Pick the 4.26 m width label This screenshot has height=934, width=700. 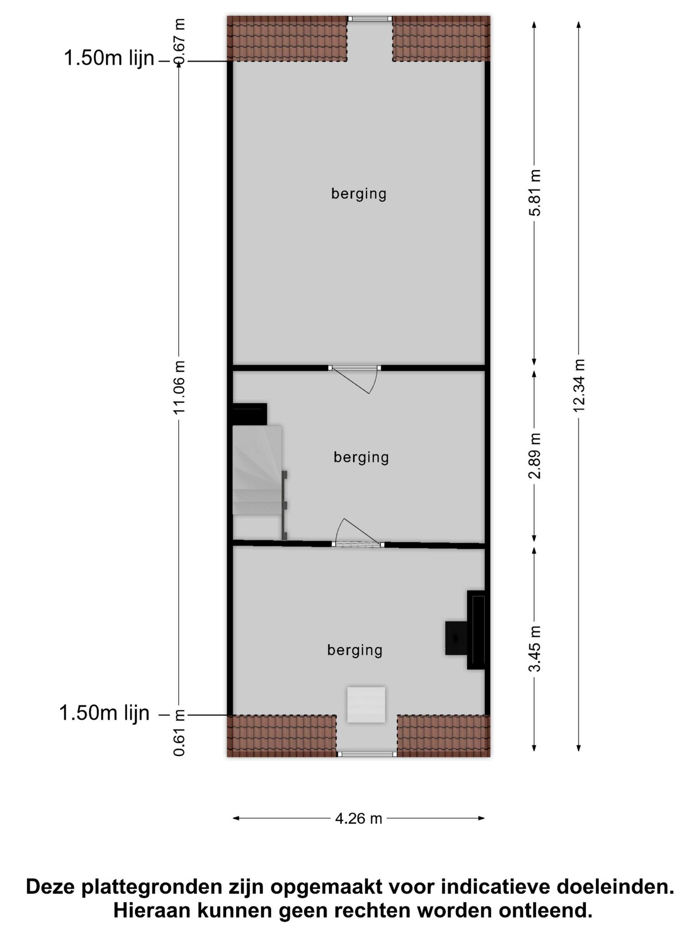pos(359,818)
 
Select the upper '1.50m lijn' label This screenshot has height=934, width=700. pos(109,58)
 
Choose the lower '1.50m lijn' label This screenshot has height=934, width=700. pos(104,713)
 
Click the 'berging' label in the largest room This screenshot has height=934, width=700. pos(359,194)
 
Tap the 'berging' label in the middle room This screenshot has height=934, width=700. pos(361,457)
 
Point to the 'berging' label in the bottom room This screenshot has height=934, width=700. pos(355,650)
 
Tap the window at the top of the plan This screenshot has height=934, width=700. pos(370,19)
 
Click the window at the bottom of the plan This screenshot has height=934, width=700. pos(367,754)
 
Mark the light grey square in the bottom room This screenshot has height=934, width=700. pos(366,705)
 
